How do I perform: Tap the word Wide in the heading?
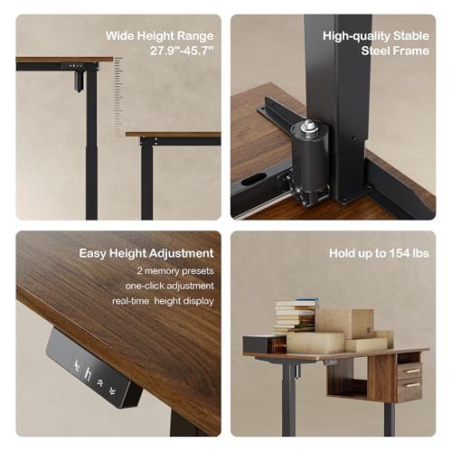click(x=121, y=36)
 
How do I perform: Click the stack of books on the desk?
click(x=295, y=316)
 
